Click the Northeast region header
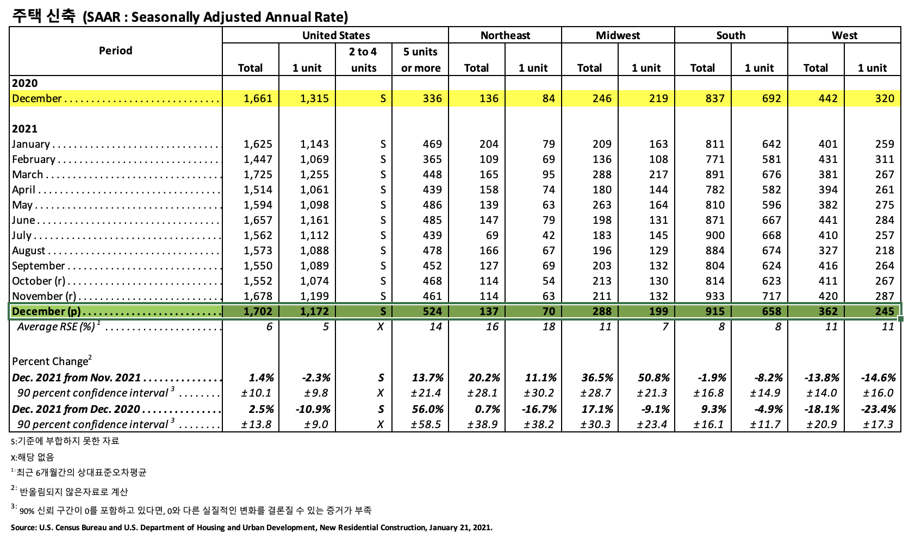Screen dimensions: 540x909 (x=505, y=35)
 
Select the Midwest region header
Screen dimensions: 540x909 (x=618, y=35)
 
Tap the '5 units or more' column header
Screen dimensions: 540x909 (x=420, y=60)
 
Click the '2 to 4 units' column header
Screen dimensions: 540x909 (x=363, y=60)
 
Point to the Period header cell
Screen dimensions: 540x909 (x=115, y=51)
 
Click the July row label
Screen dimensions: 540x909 (x=22, y=235)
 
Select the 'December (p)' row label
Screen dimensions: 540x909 (x=46, y=311)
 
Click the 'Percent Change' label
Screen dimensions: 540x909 (x=51, y=361)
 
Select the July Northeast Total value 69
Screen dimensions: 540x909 (x=492, y=235)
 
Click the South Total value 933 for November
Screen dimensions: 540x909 (x=715, y=296)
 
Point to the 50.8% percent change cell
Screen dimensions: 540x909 (x=653, y=378)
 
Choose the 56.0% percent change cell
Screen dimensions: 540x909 (x=427, y=409)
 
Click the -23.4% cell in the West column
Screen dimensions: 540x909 (x=878, y=409)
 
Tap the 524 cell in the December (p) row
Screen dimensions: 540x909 (x=432, y=311)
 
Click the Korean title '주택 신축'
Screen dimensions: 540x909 (x=43, y=16)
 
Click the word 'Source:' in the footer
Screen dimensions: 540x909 (x=23, y=528)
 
